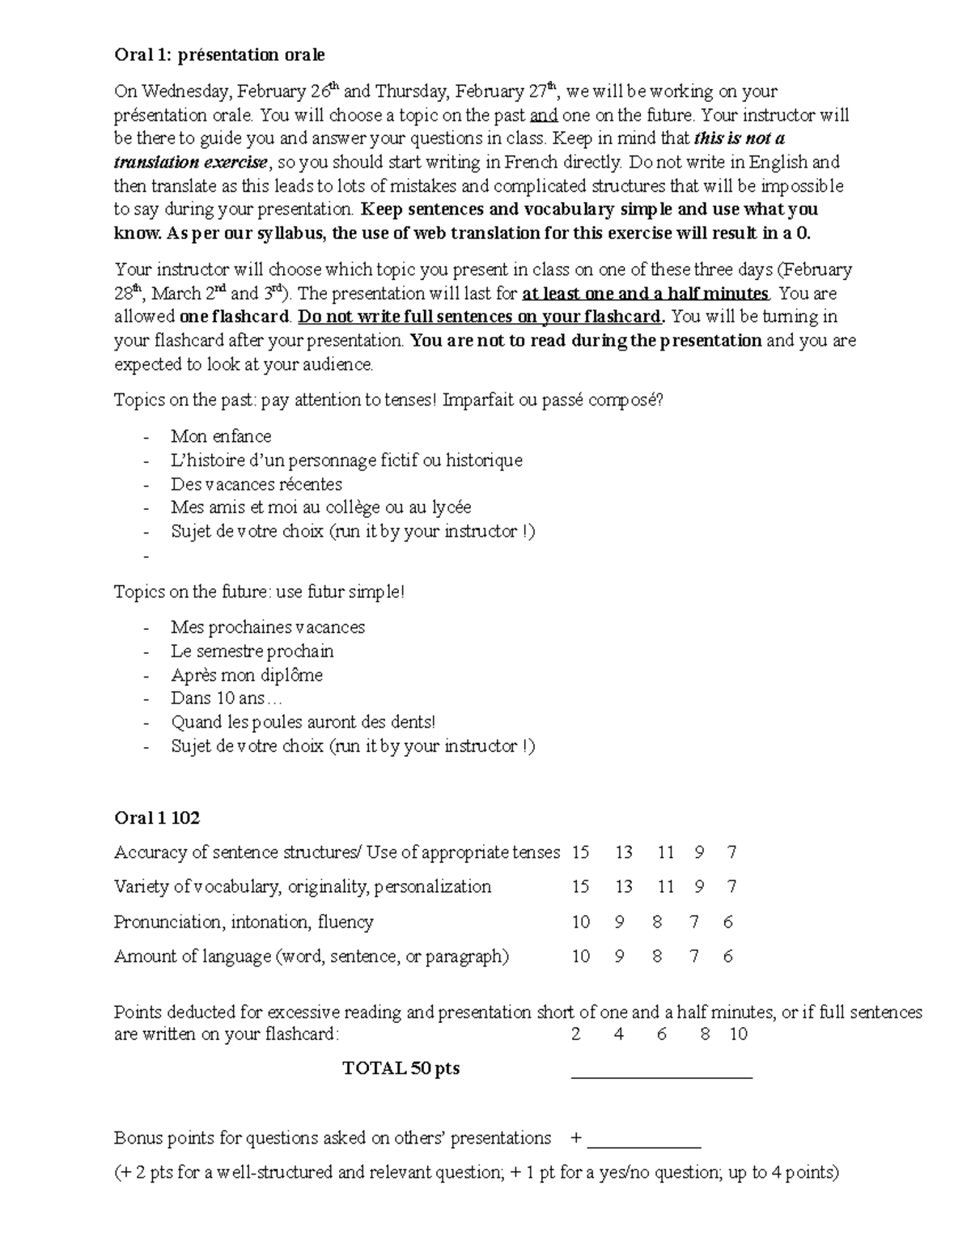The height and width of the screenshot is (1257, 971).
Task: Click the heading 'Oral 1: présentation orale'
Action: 219,55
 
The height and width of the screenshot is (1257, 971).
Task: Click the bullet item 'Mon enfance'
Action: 221,436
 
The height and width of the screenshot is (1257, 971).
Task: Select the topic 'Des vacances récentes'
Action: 256,484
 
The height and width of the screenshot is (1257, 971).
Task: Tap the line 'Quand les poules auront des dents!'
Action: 303,722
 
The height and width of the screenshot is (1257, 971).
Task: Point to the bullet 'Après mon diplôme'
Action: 246,675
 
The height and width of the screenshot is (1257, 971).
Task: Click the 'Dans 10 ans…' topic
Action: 227,699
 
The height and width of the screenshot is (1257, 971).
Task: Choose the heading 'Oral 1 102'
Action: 157,818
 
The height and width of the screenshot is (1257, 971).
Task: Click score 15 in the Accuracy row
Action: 580,852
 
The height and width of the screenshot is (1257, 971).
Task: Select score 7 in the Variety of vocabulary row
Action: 731,887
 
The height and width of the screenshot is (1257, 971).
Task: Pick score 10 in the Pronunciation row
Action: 580,922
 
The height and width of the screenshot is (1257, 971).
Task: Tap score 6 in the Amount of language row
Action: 728,957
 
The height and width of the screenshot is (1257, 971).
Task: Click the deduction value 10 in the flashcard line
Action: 738,1034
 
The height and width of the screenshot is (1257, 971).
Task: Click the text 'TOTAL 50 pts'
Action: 401,1068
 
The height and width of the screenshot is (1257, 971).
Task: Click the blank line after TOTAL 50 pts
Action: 662,1077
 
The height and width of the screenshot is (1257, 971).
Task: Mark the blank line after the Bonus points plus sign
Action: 644,1146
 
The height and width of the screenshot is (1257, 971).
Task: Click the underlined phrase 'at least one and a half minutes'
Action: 646,293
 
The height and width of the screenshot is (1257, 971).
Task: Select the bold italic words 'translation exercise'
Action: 190,162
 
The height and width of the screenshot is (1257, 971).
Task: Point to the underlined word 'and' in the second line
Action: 543,115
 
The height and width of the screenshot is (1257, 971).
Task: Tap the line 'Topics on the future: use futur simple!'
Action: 259,592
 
